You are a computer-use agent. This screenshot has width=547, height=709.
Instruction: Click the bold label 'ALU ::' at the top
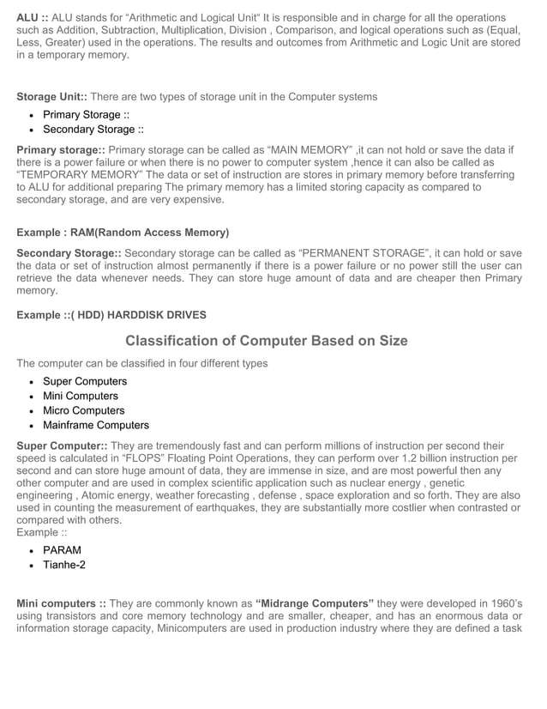33,18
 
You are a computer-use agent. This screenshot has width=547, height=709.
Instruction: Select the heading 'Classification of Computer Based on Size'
266,341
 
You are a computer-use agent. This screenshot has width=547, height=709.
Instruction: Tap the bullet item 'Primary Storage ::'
86,115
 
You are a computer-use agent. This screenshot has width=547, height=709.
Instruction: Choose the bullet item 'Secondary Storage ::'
93,130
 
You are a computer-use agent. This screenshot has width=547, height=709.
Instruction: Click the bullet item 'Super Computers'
85,381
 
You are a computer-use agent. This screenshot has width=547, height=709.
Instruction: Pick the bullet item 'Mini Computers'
81,396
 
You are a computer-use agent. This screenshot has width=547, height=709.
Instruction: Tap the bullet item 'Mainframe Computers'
96,425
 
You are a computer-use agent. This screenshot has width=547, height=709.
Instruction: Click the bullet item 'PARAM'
62,550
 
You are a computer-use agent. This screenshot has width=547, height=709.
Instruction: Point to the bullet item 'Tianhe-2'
64,565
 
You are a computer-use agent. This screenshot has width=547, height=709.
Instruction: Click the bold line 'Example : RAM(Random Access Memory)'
123,233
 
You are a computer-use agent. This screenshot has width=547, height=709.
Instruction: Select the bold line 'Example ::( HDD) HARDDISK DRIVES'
111,315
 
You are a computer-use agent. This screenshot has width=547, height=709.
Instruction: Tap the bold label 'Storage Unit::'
51,97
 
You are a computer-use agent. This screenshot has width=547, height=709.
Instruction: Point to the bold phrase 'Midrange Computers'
315,603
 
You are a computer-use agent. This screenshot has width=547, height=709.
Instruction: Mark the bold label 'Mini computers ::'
61,603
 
